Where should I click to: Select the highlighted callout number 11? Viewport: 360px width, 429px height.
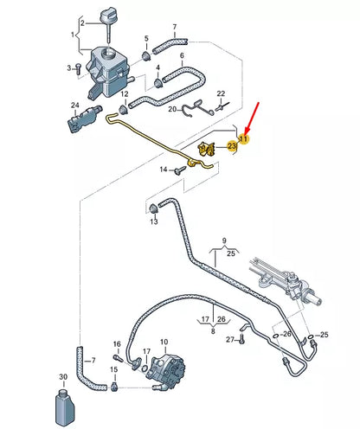pyautogui.click(x=244, y=138)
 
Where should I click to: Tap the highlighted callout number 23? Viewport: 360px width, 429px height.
pyautogui.click(x=232, y=147)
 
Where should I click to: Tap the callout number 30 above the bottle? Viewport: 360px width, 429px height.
pyautogui.click(x=61, y=377)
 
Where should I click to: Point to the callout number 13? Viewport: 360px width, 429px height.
pyautogui.click(x=153, y=222)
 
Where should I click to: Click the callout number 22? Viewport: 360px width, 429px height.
pyautogui.click(x=221, y=93)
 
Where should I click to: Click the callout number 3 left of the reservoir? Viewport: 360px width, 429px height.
pyautogui.click(x=68, y=67)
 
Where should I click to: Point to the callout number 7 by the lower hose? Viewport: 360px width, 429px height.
pyautogui.click(x=94, y=359)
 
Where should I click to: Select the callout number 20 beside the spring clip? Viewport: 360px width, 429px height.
pyautogui.click(x=172, y=109)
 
